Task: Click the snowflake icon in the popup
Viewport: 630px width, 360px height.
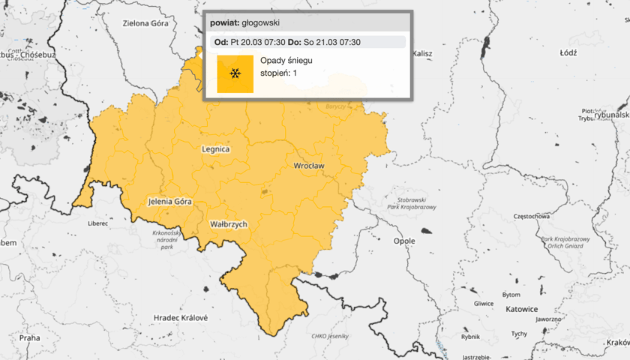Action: pos(235,73)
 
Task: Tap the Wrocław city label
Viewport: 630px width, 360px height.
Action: pos(308,165)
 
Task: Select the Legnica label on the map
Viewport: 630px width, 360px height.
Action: pos(216,148)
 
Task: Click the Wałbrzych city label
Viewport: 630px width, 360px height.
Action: pos(228,223)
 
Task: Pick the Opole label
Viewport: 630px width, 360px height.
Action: pos(404,241)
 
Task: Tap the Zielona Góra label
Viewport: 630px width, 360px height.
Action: pos(145,23)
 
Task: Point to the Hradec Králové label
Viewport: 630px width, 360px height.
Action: pos(181,318)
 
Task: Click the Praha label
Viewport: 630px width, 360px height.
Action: pos(30,337)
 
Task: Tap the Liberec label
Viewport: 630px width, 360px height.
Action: pos(98,223)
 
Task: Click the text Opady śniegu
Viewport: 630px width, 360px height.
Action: pos(281,59)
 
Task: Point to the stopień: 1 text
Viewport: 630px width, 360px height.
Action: pos(278,73)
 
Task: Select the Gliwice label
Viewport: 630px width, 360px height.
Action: pos(484,304)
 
